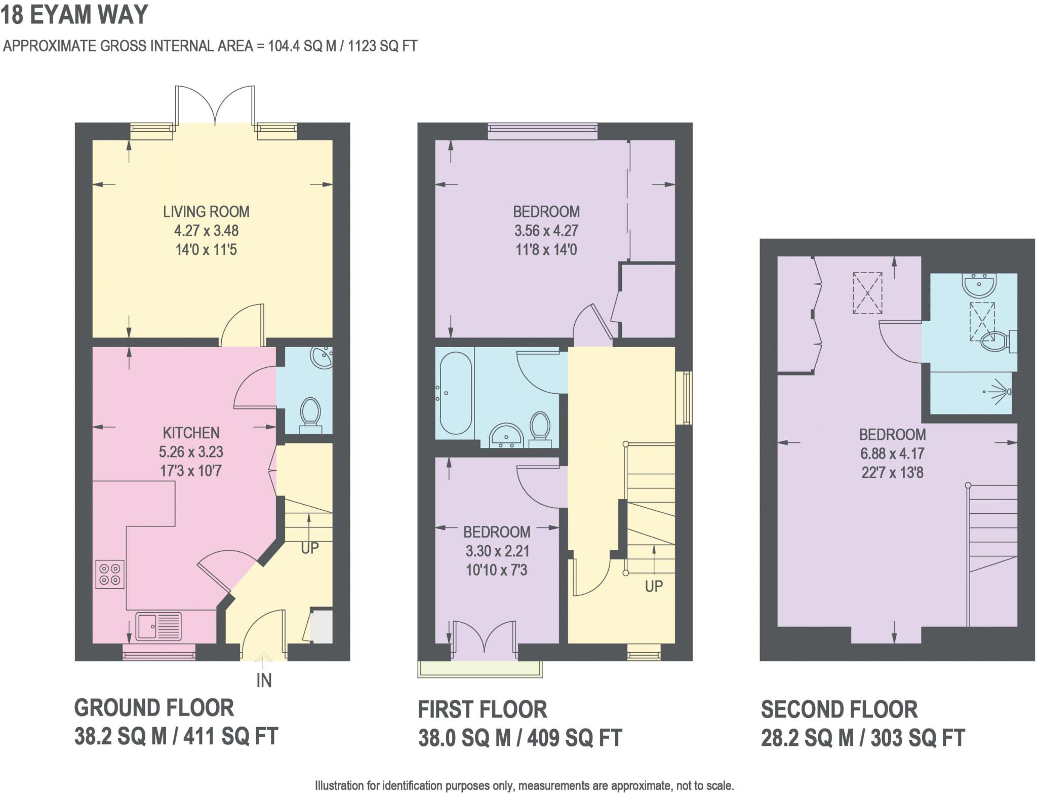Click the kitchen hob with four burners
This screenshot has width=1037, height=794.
click(x=110, y=574)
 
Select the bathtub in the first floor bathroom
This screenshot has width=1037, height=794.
click(x=456, y=394)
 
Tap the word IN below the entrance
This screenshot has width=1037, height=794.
click(x=264, y=680)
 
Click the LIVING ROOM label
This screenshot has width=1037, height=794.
click(x=206, y=211)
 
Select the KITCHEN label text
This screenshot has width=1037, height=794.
click(x=191, y=433)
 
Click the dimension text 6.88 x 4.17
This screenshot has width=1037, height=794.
click(x=892, y=453)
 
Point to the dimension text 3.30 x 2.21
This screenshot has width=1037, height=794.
click(x=496, y=551)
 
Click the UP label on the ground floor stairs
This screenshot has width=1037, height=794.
click(x=310, y=548)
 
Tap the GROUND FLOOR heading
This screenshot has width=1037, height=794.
click(x=154, y=708)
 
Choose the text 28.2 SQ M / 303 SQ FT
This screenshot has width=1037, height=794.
click(x=862, y=738)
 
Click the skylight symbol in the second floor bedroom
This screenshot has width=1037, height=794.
click(x=867, y=293)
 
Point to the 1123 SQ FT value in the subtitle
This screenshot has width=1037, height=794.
click(x=382, y=46)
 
